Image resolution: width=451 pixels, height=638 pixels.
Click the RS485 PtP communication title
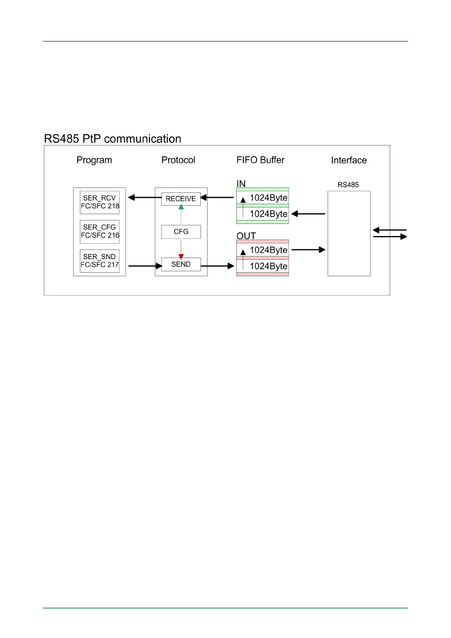point(112,139)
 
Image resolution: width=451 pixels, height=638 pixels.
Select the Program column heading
point(94,160)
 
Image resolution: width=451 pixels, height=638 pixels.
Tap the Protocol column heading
point(178,160)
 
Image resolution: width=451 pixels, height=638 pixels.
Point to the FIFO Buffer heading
point(260,160)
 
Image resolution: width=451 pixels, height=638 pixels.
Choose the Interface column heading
point(349,161)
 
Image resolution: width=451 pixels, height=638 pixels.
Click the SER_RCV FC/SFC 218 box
point(100,202)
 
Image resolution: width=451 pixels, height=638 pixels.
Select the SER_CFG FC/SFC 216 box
point(100,231)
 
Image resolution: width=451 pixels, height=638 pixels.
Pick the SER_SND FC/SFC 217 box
point(100,261)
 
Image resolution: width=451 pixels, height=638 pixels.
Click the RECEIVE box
point(181,199)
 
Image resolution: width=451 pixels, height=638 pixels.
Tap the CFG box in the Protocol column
point(181,231)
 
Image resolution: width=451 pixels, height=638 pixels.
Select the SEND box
point(181,264)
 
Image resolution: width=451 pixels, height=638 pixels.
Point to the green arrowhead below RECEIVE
point(181,207)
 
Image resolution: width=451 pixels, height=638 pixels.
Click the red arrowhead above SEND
point(181,256)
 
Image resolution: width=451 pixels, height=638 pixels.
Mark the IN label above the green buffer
point(241,184)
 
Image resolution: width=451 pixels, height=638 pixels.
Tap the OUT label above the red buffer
point(246,236)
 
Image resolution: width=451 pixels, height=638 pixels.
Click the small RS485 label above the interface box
point(348,185)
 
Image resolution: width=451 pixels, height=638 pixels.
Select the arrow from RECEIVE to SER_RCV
point(145,197)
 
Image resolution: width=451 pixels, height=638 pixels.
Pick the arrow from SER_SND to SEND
point(145,266)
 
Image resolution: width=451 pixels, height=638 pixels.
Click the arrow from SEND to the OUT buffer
point(217,266)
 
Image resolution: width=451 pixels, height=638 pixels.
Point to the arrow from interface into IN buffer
point(308,214)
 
